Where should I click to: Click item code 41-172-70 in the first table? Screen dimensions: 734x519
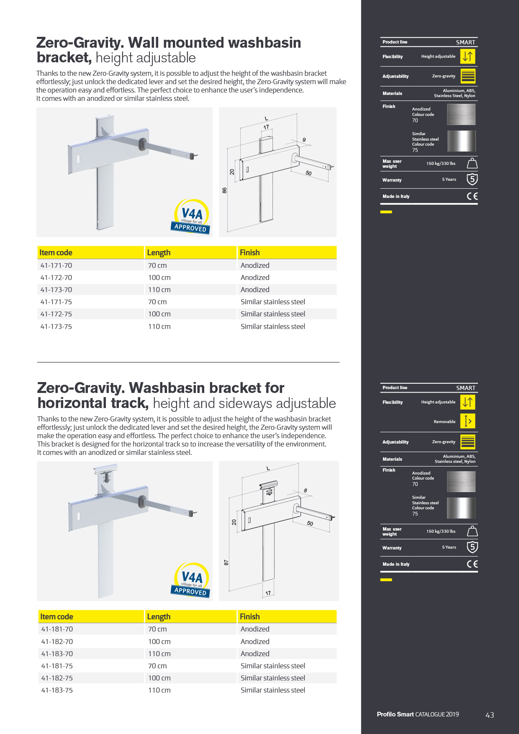(x=56, y=277)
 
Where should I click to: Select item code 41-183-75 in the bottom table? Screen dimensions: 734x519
(x=57, y=690)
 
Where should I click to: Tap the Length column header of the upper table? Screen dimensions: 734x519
(x=159, y=253)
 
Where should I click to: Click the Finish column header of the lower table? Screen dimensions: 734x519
(x=250, y=616)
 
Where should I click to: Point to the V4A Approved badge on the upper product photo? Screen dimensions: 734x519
(x=191, y=217)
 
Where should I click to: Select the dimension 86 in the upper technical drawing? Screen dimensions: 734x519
(x=225, y=190)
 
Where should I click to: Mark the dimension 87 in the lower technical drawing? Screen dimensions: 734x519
(x=226, y=562)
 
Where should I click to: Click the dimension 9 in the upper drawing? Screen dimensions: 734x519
(x=304, y=140)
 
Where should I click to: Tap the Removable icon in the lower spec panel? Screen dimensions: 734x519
(x=468, y=421)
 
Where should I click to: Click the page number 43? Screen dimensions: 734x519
(x=490, y=715)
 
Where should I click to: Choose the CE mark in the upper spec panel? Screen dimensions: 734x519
(x=472, y=196)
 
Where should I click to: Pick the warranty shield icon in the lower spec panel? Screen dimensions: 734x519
(x=472, y=547)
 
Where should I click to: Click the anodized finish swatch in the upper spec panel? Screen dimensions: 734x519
(x=461, y=114)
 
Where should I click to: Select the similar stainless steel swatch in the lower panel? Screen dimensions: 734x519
(x=461, y=508)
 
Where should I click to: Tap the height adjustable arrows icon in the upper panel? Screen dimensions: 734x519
(x=468, y=56)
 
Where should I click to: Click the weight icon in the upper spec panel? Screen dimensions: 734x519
(x=472, y=163)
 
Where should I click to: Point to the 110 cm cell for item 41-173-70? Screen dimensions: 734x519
(x=159, y=290)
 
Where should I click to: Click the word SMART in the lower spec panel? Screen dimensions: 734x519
(x=466, y=388)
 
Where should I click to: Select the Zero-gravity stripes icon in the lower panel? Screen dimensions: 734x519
(x=468, y=441)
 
